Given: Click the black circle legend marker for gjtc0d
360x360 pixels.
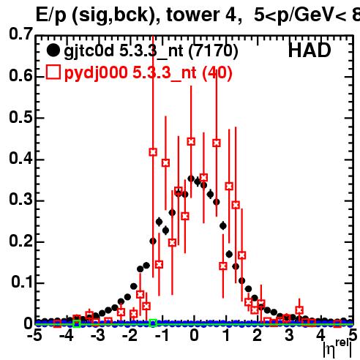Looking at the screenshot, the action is (53, 50).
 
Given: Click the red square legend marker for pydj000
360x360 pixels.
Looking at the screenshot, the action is (53, 72).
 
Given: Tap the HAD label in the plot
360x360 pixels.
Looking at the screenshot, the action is (310, 50).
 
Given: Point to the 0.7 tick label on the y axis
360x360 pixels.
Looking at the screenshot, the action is (21, 34).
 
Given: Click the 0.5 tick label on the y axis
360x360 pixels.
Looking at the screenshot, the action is (21, 117).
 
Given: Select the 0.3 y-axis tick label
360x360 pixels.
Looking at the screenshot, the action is (21, 199).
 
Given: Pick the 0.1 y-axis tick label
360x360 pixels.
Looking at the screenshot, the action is (22, 282).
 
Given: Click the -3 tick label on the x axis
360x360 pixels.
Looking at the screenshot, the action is (98, 335).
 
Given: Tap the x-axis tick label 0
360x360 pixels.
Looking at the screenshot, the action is (194, 335).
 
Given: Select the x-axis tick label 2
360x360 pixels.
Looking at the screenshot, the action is (257, 335).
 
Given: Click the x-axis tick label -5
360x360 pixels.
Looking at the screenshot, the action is (34, 335).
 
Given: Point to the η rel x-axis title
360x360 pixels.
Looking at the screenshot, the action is (337, 349).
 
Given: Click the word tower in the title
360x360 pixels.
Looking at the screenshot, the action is (193, 15).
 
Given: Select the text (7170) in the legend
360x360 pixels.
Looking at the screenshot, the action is (213, 51).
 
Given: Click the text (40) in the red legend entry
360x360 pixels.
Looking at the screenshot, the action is (217, 73).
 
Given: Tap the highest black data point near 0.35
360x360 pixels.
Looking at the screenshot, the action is (191, 179).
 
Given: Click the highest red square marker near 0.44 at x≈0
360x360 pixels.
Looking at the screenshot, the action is (191, 141).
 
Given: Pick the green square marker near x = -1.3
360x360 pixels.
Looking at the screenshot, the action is (153, 323).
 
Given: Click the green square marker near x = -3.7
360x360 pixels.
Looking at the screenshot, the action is (77, 323).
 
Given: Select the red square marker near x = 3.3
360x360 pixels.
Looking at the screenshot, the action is (299, 310).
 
